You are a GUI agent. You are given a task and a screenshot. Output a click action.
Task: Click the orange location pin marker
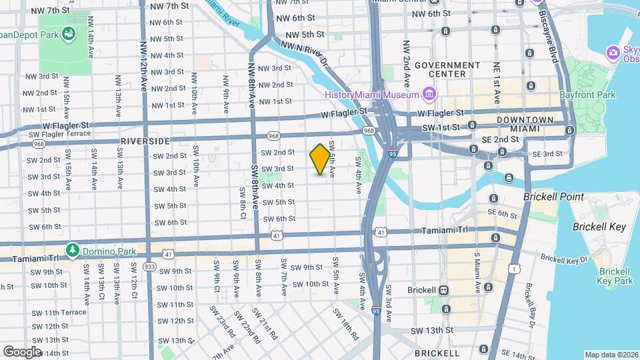[321, 159]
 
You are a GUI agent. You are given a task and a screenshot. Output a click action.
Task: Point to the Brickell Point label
[553, 197]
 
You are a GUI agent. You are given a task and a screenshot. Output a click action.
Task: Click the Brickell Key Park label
[615, 276]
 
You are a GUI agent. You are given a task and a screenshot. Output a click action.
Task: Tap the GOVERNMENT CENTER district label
[447, 69]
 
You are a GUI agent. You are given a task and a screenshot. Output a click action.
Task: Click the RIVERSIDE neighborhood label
[145, 141]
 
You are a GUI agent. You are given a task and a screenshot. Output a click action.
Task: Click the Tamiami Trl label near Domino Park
[31, 257]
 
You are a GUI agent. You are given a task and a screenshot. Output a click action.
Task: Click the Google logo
[22, 351]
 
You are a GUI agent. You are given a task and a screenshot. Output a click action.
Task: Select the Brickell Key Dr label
[565, 258]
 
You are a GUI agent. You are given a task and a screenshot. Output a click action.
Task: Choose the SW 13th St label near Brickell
[432, 330]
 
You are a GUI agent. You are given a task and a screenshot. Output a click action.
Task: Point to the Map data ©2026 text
[610, 355]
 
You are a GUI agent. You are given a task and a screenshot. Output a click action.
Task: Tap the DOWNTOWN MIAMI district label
[525, 124]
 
